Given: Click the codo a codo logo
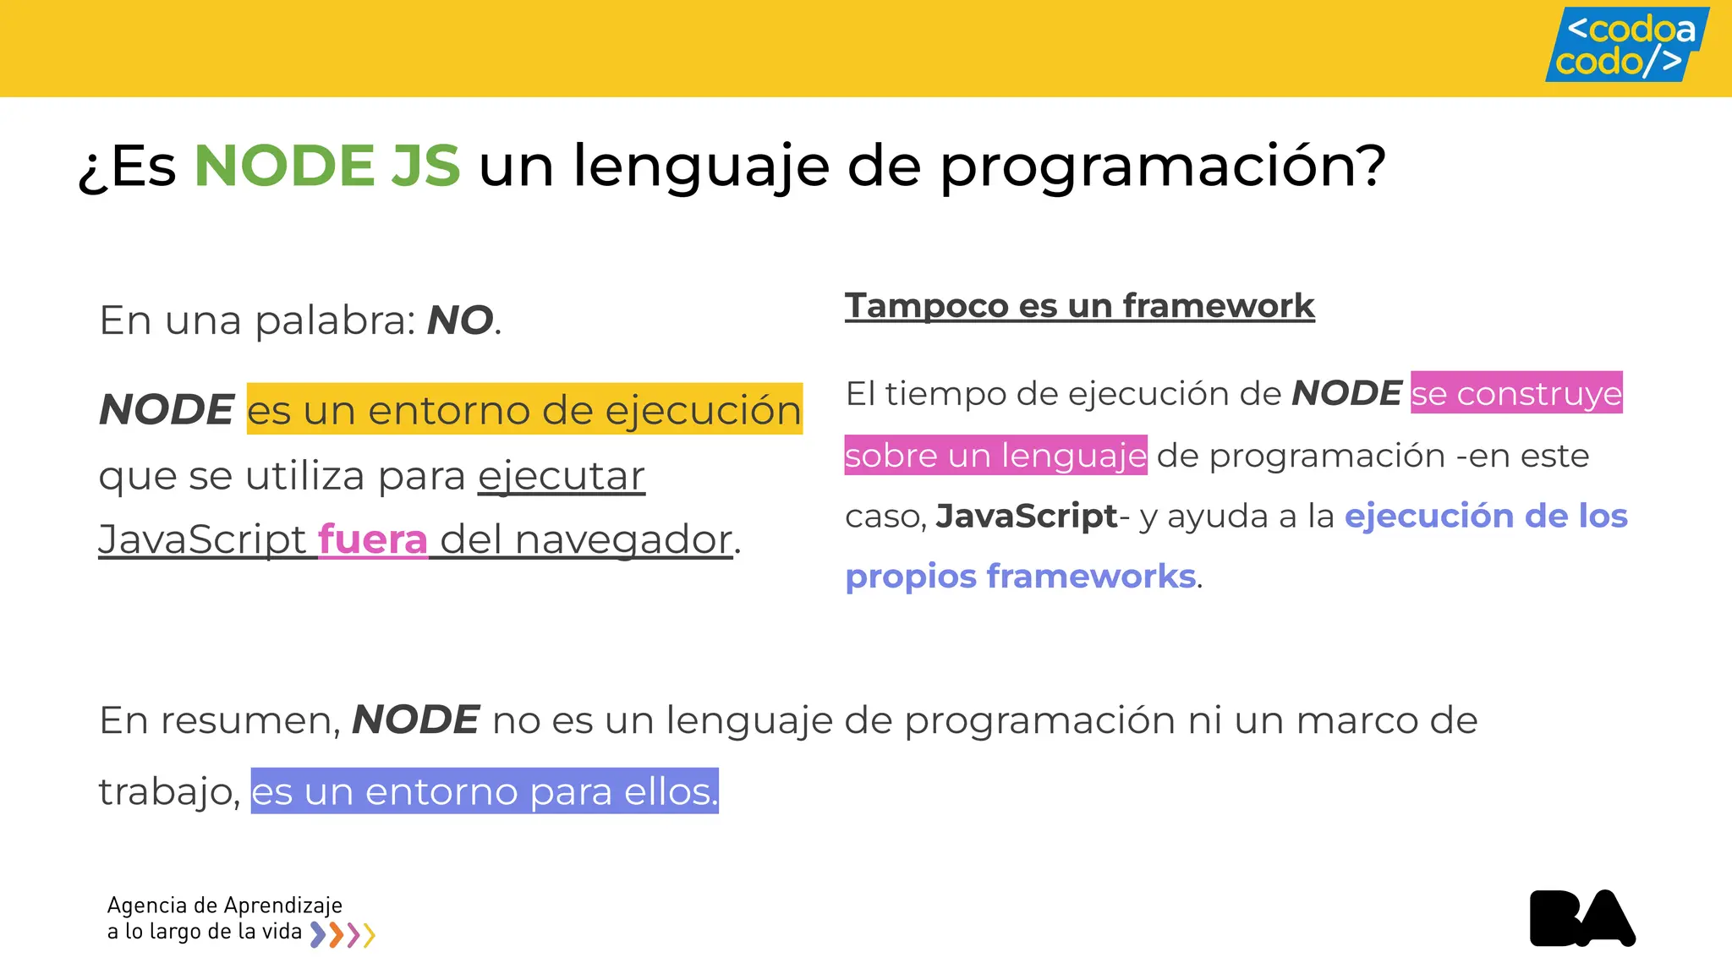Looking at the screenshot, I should (1626, 45).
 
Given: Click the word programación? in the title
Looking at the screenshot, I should (1163, 167).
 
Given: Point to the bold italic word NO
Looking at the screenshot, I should (460, 320).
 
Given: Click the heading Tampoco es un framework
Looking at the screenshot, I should (1079, 305).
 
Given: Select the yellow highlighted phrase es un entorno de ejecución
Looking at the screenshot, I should (524, 410).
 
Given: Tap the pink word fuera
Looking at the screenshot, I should (373, 539).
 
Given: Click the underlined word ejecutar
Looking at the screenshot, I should (562, 476).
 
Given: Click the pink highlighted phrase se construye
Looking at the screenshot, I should (1516, 393).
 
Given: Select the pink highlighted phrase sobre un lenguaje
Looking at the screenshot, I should (995, 456).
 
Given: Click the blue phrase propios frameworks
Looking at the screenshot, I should (1021, 577).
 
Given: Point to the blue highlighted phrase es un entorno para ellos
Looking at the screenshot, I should (485, 791).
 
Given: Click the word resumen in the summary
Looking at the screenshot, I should (249, 720).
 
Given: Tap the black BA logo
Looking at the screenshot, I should (1582, 918).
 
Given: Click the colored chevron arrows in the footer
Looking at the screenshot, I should (343, 934).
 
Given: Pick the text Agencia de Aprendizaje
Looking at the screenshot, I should (225, 906).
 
